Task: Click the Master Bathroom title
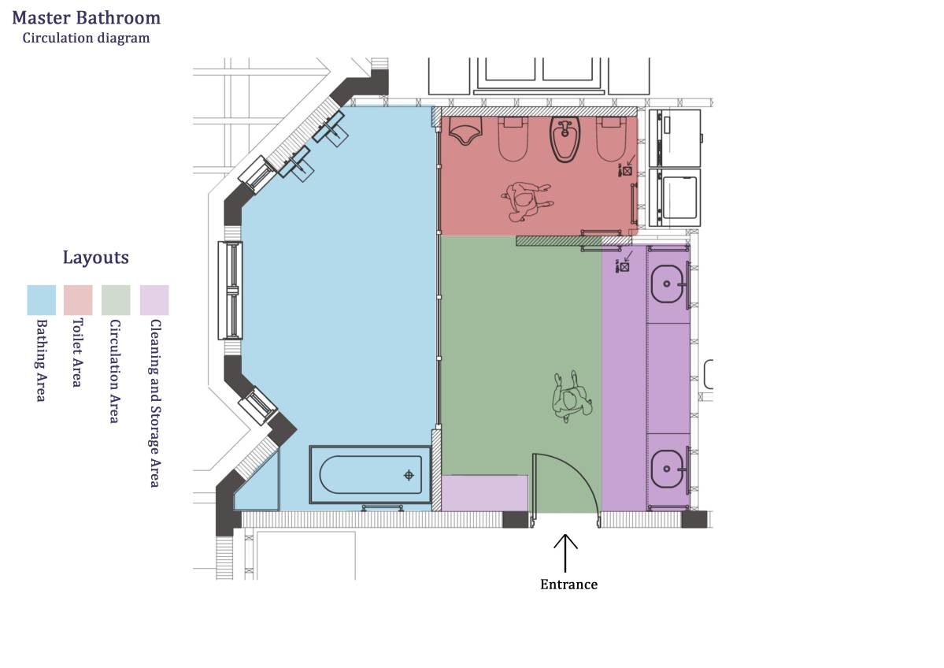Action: pos(86,18)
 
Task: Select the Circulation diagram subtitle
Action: pos(86,38)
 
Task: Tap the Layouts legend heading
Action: pos(96,258)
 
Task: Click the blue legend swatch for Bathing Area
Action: pos(42,300)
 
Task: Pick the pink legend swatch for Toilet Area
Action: pos(78,300)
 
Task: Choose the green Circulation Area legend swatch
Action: pos(117,300)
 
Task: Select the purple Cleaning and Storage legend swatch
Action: pos(155,300)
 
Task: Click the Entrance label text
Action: pos(569,584)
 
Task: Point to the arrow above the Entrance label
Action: pos(565,553)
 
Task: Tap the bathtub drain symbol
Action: pos(409,475)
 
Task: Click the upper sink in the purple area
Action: pos(669,284)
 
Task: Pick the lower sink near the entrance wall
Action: pos(669,469)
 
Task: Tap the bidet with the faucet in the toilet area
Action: pos(565,139)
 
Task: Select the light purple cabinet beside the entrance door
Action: pos(485,493)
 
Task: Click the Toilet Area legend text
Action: pos(77,353)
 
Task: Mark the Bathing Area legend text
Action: pos(41,360)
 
